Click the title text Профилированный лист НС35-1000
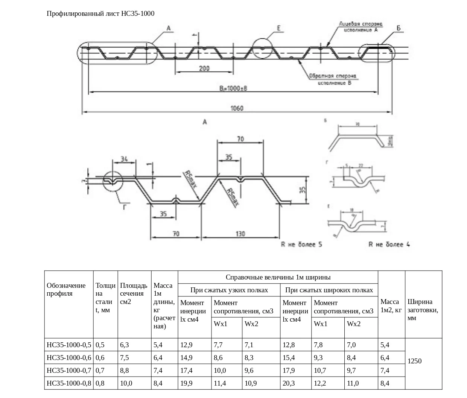[100, 14]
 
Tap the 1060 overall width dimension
[237, 108]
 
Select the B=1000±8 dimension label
[233, 88]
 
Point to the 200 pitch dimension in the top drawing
[204, 68]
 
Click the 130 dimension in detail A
[240, 234]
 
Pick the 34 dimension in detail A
[124, 159]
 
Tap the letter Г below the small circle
[125, 206]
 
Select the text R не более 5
[301, 245]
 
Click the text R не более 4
[389, 245]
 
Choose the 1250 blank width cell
[415, 361]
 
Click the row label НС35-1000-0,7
[69, 371]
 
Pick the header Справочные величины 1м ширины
[278, 277]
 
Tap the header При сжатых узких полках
[229, 290]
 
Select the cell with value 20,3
[289, 383]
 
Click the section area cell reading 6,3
[125, 345]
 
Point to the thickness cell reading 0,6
[100, 358]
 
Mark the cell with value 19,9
[187, 383]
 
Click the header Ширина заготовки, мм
[423, 310]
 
